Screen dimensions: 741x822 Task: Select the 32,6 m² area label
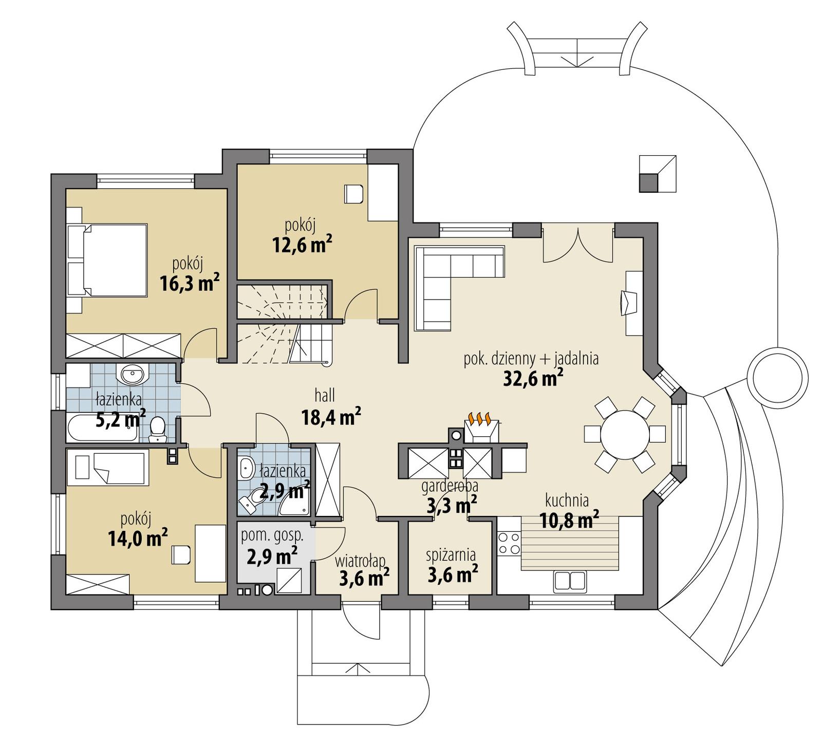click(531, 379)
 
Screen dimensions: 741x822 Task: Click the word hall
click(325, 395)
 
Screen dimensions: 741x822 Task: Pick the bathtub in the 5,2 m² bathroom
click(103, 429)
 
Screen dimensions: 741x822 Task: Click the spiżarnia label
click(451, 555)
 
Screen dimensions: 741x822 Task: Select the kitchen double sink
click(569, 581)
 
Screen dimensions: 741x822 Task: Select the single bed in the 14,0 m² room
click(108, 468)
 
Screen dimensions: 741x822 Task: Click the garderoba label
click(450, 485)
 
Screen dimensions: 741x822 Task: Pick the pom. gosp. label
click(272, 536)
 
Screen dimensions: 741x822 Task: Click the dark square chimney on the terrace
click(649, 182)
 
